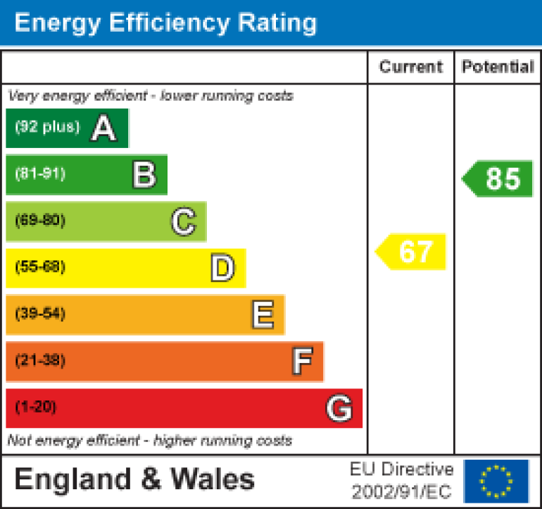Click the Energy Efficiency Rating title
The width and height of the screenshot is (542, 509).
point(165,23)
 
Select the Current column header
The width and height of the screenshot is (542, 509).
point(411,67)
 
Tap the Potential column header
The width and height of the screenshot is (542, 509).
point(498,67)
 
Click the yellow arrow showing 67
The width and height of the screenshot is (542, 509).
point(412,252)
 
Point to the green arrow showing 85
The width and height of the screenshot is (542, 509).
point(499,179)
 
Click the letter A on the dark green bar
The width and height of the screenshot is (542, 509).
point(103,128)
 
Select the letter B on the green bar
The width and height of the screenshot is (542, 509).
point(144,175)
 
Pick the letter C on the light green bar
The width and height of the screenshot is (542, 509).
point(183,222)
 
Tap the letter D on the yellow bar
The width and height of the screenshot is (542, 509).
point(222,269)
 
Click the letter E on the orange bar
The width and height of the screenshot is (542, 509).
point(262,315)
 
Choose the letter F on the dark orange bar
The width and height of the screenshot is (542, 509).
point(301,362)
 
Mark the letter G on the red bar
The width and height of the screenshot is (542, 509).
point(339,408)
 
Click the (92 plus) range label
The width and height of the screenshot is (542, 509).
point(47,128)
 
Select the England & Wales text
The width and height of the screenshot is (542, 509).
point(134,480)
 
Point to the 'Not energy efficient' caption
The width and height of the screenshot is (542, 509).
point(149,441)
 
